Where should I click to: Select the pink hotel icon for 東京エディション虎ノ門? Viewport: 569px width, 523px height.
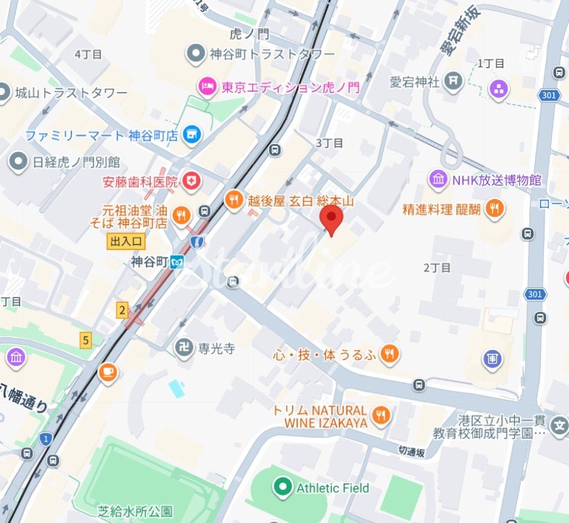pos(206,88)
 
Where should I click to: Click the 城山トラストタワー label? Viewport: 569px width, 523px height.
pos(71,94)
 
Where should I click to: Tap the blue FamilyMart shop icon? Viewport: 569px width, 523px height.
pos(191,134)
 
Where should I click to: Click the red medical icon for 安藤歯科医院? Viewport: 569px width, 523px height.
pos(192,181)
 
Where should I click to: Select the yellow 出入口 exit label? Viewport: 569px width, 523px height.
pos(127,241)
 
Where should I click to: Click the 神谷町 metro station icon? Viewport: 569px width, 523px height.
pos(177,261)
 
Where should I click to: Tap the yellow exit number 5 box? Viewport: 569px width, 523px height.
pos(86,340)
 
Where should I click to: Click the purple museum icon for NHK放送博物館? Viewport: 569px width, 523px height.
pos(438,179)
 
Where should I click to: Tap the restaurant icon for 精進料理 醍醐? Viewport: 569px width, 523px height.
pos(494,209)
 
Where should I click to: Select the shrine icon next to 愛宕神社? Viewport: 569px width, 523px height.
pos(453,81)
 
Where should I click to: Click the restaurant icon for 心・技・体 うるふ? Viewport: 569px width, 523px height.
pos(389,353)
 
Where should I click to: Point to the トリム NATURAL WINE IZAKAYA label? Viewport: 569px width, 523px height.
pos(320,416)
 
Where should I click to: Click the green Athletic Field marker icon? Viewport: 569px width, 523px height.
pos(282,488)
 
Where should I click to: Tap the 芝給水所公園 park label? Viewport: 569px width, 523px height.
pos(136,511)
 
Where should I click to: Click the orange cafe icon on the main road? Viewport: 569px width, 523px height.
pos(108,372)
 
